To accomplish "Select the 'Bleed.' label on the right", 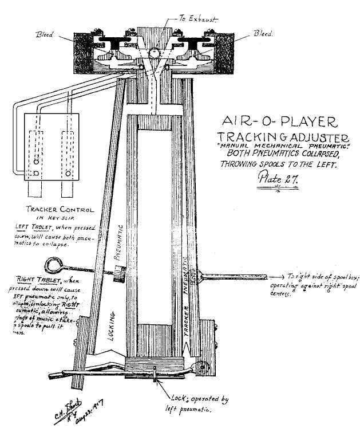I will coord(264,34).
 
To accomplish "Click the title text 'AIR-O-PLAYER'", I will coord(275,121).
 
